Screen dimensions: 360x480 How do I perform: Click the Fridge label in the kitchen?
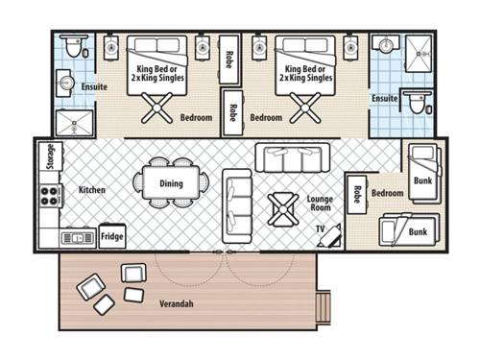point(111,236)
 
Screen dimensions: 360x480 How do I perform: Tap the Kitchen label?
point(92,190)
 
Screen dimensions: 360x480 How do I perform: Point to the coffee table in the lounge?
point(285,207)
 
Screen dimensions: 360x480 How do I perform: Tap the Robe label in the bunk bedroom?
point(356,194)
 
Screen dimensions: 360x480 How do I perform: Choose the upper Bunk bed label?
point(421,180)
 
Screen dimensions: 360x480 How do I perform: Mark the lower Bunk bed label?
point(418,231)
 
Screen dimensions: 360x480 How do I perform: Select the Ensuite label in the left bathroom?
point(93,86)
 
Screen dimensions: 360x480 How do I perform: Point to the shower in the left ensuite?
point(73,122)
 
